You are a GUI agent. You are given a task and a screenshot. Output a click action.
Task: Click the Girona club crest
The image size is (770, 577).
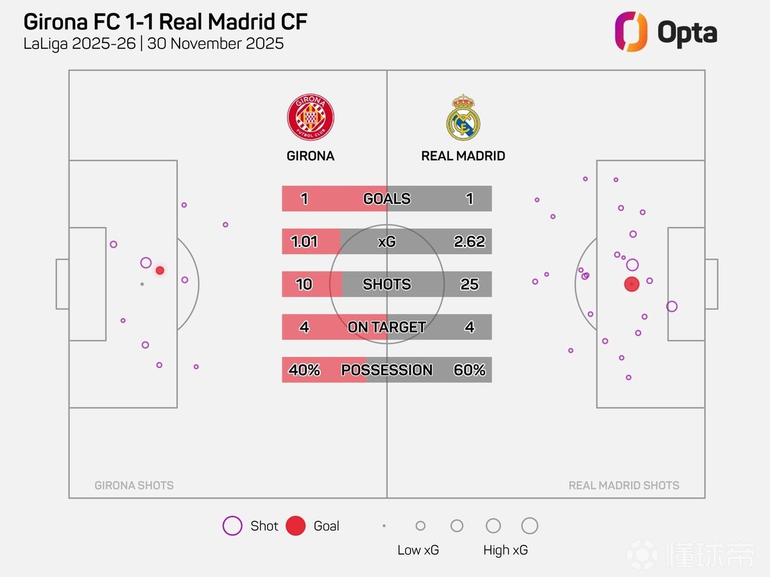point(311,118)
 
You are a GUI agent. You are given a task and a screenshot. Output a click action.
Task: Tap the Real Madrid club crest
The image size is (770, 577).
point(463,118)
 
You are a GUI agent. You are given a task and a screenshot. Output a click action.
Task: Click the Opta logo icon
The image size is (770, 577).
point(631,31)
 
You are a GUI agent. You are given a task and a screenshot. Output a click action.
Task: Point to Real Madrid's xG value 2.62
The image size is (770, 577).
point(469,242)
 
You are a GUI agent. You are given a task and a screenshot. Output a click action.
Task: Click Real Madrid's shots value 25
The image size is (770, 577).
point(469,284)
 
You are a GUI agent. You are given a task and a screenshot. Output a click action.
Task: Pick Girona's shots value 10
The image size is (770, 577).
point(304,284)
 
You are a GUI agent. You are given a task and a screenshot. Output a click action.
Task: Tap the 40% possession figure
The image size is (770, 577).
point(304,370)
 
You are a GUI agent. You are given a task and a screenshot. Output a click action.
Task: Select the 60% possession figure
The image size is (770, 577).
point(469,370)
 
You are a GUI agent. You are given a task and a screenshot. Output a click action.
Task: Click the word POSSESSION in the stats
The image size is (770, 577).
point(386,370)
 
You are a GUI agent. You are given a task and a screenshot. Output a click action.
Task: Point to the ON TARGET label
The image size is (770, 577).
point(386,327)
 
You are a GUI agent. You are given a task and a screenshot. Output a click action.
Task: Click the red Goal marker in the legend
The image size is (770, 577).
point(295,526)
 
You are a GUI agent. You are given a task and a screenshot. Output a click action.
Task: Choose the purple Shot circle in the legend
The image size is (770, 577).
point(232,526)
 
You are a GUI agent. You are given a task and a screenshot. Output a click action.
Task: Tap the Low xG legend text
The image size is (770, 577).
point(418,550)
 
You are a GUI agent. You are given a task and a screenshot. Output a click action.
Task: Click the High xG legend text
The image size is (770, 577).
point(506,550)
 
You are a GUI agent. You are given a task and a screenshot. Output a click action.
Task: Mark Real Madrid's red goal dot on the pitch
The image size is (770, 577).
point(632,284)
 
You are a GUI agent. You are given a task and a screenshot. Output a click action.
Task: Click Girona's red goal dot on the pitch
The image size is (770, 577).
point(160,271)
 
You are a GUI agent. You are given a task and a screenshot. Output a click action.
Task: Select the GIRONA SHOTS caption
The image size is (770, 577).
point(134,485)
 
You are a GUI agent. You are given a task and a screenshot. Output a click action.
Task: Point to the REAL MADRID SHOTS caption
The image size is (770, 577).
point(624,485)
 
